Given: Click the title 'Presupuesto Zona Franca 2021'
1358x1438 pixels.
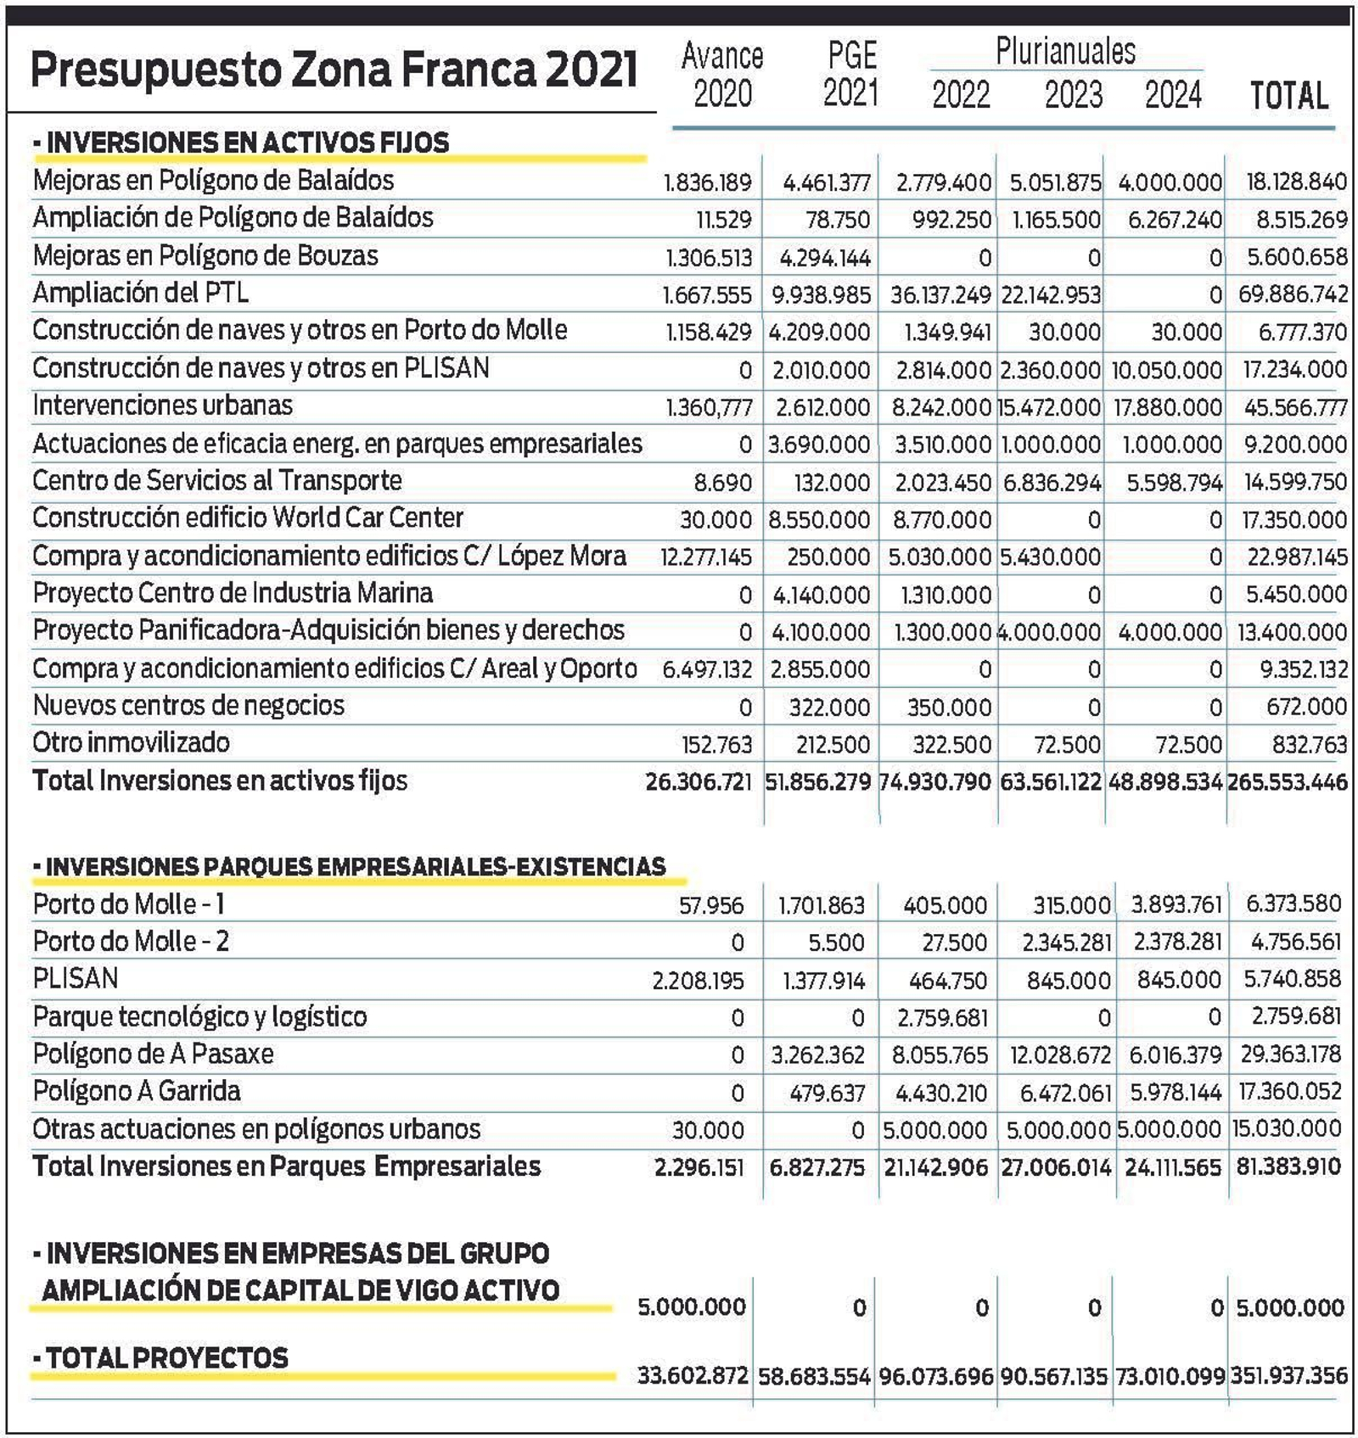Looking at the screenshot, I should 333,70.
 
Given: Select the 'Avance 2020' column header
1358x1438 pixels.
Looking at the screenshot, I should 722,75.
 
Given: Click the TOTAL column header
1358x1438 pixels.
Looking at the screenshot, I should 1288,95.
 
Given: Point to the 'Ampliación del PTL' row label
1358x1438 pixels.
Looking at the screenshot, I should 141,293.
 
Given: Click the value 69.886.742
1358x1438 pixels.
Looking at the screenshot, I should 1293,294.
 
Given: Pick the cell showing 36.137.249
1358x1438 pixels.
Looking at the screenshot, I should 940,294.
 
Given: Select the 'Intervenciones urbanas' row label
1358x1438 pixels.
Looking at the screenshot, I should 162,406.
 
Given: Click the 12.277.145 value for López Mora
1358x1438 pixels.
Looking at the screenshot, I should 706,557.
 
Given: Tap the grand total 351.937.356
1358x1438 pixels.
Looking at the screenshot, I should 1288,1375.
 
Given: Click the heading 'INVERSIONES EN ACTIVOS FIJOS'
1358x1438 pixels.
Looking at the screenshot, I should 247,143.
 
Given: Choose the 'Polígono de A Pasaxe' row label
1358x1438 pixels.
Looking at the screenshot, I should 153,1054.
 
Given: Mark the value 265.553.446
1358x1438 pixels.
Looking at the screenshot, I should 1287,781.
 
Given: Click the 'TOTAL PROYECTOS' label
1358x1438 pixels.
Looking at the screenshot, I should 167,1358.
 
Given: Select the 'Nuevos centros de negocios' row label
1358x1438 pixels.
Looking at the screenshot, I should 188,706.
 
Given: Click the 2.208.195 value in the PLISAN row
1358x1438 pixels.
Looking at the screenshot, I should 698,980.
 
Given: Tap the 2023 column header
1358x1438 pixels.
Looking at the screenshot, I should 1073,94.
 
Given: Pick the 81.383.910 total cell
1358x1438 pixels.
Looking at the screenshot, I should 1288,1167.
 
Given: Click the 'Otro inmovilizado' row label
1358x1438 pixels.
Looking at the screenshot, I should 131,743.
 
